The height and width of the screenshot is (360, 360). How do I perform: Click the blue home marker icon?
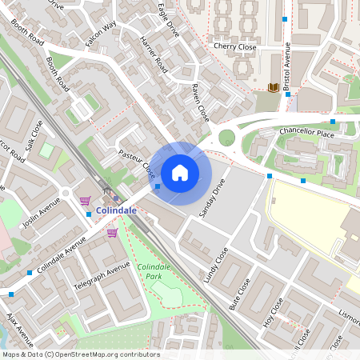click(x=180, y=172)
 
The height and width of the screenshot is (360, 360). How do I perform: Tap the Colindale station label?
click(x=116, y=210)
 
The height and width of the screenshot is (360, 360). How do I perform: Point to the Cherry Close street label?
click(x=234, y=47)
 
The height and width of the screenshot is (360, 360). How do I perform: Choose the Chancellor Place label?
click(x=306, y=130)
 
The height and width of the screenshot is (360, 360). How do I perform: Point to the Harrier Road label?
click(x=153, y=54)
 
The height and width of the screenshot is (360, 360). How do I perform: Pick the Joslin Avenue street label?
click(x=42, y=214)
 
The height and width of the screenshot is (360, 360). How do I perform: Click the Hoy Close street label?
click(x=273, y=314)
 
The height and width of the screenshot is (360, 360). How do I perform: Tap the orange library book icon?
click(x=274, y=86)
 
